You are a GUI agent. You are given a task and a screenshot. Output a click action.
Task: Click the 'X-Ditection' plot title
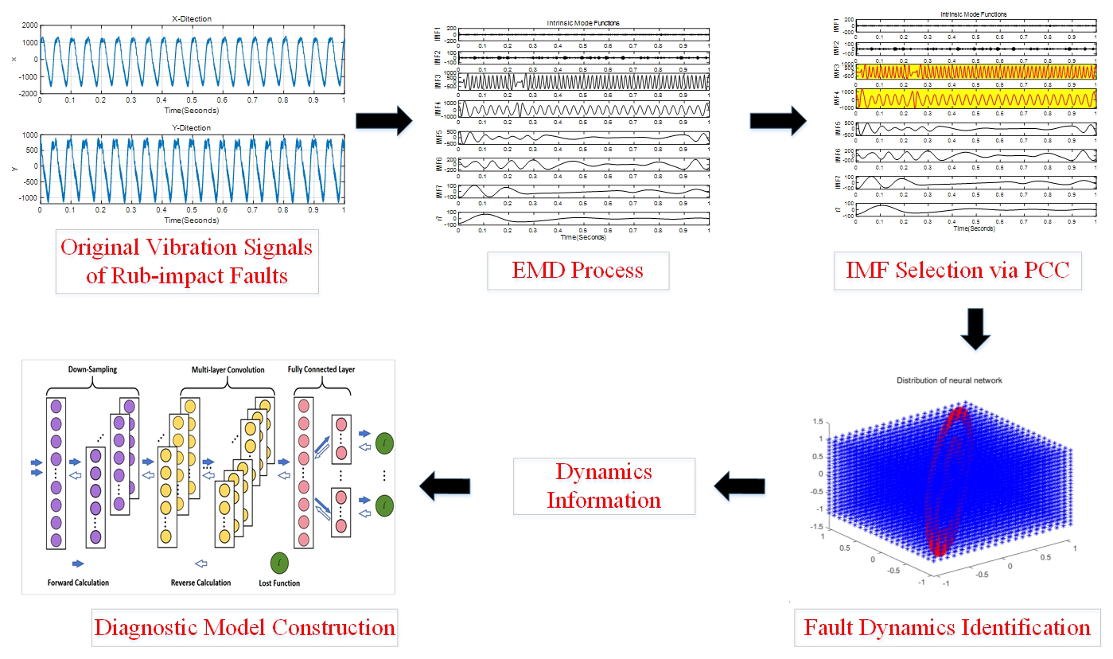coord(191,18)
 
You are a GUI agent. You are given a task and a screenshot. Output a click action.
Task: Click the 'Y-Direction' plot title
coord(191,127)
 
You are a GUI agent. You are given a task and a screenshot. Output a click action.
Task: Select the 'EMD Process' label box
coord(578,270)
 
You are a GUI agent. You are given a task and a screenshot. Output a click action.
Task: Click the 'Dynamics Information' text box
coord(604,485)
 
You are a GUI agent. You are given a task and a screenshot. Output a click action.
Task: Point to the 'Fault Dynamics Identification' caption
coord(947,626)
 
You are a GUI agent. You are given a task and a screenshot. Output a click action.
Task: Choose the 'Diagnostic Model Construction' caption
coord(244,626)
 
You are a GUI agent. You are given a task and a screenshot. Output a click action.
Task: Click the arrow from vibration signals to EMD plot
coord(383,121)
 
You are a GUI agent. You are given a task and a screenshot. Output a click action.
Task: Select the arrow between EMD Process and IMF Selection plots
coord(778,121)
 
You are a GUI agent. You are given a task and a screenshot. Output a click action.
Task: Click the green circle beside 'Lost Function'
coord(279,563)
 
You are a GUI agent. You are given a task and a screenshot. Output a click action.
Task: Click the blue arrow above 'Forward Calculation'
coord(78,563)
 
